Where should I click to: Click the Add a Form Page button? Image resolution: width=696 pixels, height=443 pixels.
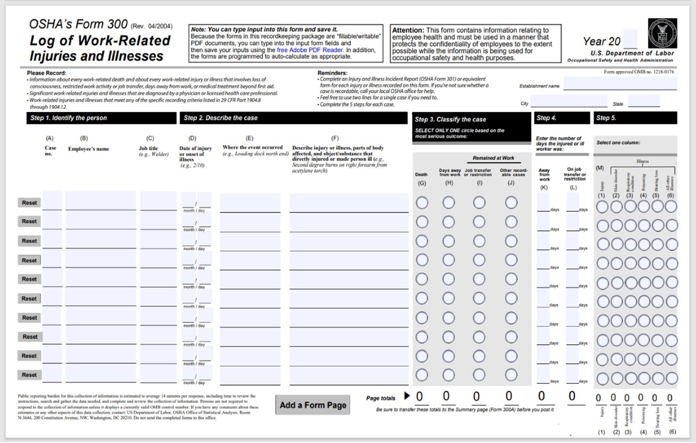click(313, 405)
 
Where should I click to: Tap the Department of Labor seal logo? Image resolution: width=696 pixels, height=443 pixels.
click(662, 33)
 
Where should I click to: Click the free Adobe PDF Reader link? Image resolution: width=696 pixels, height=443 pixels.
click(310, 50)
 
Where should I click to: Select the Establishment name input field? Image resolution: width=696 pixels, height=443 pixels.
click(620, 84)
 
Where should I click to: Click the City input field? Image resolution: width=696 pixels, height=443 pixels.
click(568, 102)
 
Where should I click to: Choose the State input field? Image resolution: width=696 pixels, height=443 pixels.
click(643, 101)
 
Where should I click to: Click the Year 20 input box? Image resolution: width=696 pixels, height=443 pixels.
click(630, 40)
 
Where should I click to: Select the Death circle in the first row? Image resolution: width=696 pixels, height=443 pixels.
click(422, 203)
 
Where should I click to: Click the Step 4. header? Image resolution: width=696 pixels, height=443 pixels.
click(561, 118)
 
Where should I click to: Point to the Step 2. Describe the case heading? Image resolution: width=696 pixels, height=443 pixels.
click(221, 118)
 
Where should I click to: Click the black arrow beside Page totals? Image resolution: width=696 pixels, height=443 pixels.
click(407, 396)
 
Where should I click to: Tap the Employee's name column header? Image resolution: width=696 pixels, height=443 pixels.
click(89, 149)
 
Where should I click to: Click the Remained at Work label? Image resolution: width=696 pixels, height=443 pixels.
click(493, 158)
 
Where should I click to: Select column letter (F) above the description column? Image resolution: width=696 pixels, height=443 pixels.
click(335, 138)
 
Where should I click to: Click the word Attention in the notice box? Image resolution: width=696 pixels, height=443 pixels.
click(408, 30)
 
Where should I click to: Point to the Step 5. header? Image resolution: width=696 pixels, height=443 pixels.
click(635, 118)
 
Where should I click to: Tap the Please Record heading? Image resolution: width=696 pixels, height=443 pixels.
click(47, 73)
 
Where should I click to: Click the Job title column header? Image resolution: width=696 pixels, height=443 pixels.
click(148, 149)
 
